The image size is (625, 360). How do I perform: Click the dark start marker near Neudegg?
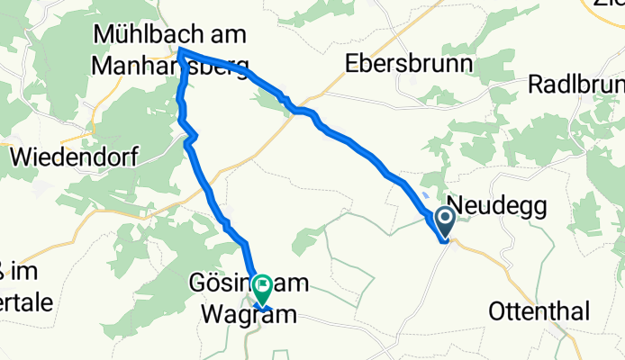click(446, 218)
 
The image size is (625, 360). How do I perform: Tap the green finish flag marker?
click(263, 287)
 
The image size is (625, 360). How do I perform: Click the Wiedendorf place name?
click(73, 157)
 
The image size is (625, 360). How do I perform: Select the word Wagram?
click(229, 314)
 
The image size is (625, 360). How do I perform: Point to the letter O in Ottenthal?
click(497, 311)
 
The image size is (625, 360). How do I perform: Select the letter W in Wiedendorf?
click(20, 157)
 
